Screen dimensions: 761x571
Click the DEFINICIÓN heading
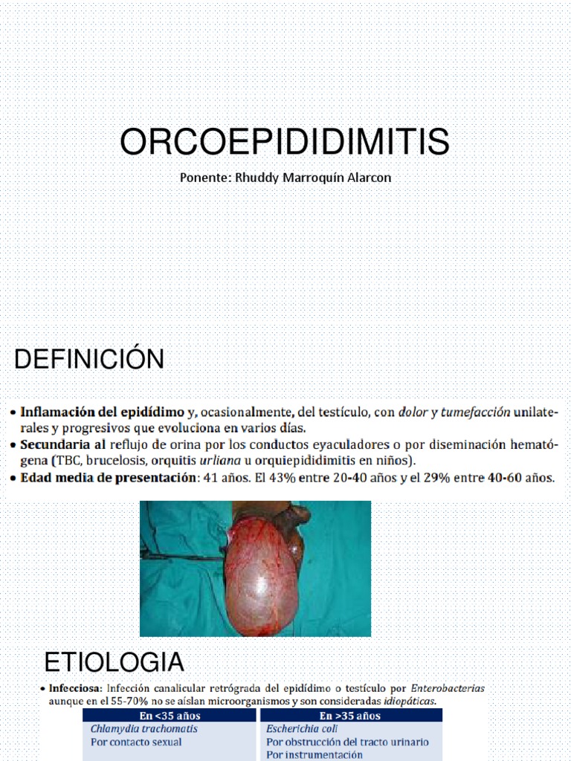coord(89,360)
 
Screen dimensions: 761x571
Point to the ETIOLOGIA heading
coord(114,661)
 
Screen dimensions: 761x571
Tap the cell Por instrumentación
coord(314,754)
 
